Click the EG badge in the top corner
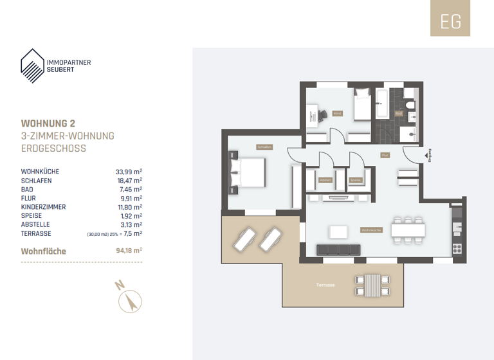(450, 21)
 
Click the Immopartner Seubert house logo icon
(33, 64)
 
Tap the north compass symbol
(131, 300)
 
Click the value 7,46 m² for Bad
(131, 190)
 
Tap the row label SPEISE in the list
(32, 217)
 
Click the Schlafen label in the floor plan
(264, 147)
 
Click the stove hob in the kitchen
(457, 248)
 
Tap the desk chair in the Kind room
(320, 115)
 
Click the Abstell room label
(326, 180)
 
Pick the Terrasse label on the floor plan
(325, 285)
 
